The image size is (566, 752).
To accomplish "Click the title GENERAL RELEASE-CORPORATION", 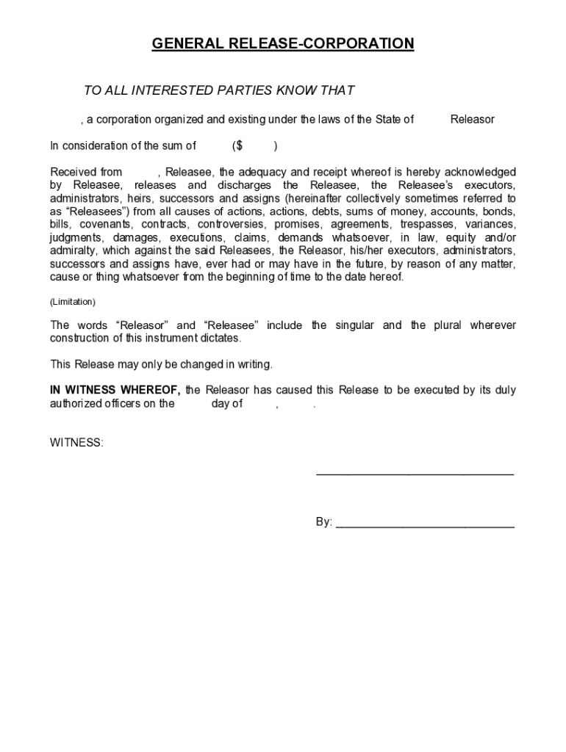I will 283,44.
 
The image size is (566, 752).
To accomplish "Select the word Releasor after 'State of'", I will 472,119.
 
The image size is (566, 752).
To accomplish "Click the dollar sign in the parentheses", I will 239,145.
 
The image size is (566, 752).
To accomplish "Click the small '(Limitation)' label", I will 73,302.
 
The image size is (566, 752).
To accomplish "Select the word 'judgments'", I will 76,238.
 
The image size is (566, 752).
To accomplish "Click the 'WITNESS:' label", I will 76,443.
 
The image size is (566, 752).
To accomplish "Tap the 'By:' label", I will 324,522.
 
